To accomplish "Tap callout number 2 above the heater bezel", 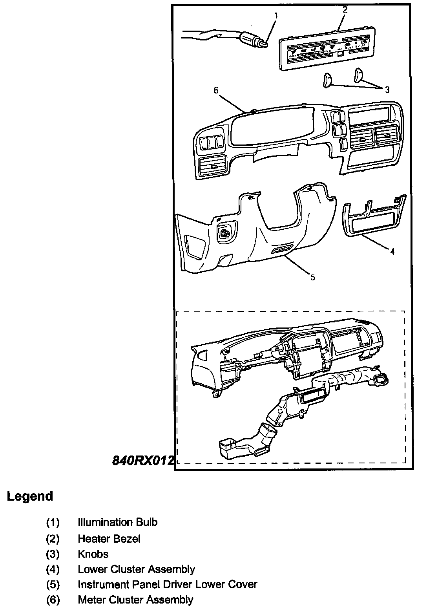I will (x=345, y=10).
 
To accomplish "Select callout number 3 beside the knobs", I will (x=387, y=90).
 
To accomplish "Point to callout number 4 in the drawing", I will (x=392, y=252).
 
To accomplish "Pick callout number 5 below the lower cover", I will (x=312, y=277).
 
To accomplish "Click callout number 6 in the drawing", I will (x=215, y=90).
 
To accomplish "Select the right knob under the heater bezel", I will (x=359, y=75).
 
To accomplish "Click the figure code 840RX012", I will (x=143, y=460).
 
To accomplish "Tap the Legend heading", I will (x=30, y=496).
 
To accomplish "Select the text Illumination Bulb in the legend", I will (x=117, y=522).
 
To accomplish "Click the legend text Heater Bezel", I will (x=109, y=538).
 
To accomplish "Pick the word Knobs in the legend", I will (x=93, y=554).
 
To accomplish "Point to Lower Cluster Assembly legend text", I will (x=136, y=569).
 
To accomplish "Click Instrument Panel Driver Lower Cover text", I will (x=167, y=584).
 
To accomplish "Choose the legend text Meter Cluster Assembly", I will (x=135, y=600).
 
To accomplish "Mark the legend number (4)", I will (x=53, y=569).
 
